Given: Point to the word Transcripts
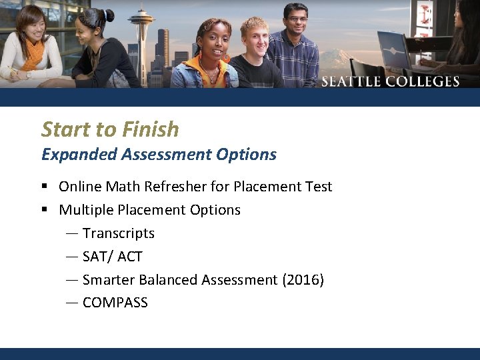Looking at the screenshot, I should [x=119, y=233].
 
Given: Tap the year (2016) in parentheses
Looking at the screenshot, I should [x=303, y=279].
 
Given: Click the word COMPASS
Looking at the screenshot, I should [x=115, y=303].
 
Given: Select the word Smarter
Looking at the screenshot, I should [x=109, y=279].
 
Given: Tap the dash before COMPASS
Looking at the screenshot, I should [x=72, y=303].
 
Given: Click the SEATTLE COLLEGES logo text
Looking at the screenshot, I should [x=391, y=82].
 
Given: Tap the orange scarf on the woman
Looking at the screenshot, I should [x=33, y=56].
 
